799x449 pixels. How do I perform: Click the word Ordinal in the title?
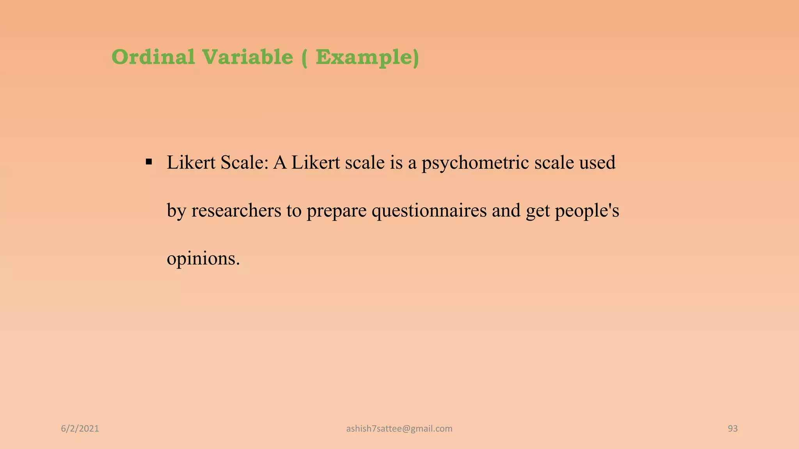(153, 57)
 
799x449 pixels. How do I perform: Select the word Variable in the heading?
(247, 57)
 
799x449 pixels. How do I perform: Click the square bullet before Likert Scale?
(149, 162)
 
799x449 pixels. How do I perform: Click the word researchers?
(236, 210)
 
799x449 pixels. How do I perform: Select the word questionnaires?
(429, 211)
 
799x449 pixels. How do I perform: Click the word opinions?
(203, 259)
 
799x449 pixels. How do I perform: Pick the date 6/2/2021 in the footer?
(80, 429)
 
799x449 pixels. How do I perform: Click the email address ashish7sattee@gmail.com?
(399, 429)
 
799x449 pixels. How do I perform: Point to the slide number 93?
(733, 429)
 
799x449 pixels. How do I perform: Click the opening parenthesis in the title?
(304, 58)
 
